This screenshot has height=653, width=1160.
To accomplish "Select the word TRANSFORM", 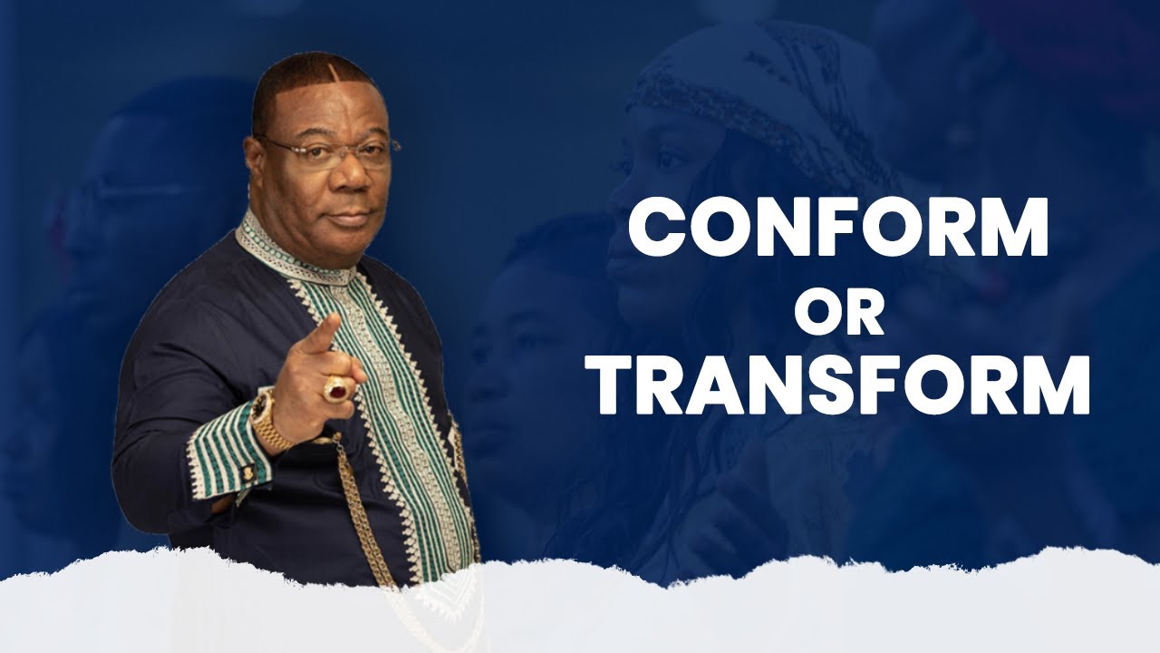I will [842, 386].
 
